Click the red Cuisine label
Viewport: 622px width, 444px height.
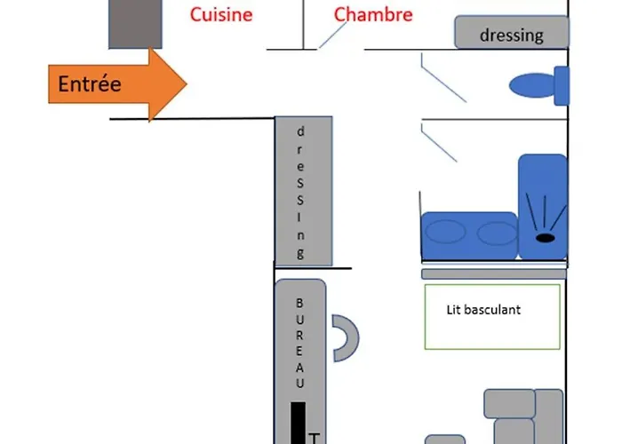221,14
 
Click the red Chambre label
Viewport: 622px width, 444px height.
373,14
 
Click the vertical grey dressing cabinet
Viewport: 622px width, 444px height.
303,190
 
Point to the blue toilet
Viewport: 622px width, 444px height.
538,85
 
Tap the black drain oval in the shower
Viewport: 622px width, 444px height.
544,237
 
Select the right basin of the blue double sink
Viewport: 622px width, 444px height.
497,233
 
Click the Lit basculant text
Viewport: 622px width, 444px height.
483,310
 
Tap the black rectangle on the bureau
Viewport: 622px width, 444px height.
299,423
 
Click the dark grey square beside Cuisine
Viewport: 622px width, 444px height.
135,24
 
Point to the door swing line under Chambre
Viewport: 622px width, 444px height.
333,36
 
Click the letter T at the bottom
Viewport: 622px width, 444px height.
313,437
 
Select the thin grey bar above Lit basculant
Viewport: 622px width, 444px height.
493,274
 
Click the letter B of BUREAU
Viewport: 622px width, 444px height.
299,303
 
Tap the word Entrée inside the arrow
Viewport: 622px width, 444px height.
89,85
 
